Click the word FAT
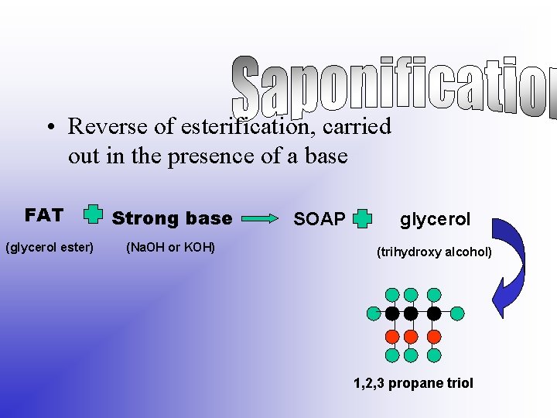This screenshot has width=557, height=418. pos(43,215)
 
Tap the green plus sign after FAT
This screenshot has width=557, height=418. pos(93,214)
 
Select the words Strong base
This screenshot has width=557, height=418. pos(172,218)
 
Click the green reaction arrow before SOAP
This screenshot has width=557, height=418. pos(261,219)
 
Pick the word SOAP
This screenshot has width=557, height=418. pos(320,220)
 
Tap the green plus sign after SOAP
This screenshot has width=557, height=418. pos(362,219)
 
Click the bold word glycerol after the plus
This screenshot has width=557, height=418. pos(435,219)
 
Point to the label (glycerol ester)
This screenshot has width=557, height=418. pos(50,248)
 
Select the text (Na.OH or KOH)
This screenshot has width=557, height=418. pos(169,248)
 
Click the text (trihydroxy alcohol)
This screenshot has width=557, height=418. pos(433,252)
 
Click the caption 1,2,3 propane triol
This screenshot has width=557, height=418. pos(413,383)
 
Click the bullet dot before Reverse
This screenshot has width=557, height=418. pos(48,126)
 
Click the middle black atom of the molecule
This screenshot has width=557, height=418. pos(412,313)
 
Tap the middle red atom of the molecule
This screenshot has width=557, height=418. pos(412,336)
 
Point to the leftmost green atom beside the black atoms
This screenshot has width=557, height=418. pos(374,313)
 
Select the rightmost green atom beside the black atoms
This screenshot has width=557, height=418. pos(457,313)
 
